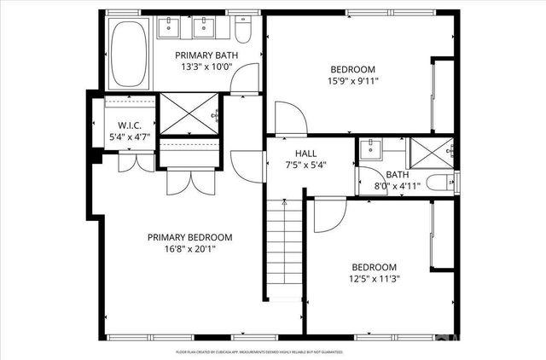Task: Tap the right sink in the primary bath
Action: [x=206, y=30]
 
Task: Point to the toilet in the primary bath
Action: [x=242, y=32]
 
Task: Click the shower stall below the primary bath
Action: [x=189, y=113]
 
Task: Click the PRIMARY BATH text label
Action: [x=201, y=55]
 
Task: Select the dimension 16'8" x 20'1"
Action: [x=189, y=250]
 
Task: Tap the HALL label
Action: [x=305, y=154]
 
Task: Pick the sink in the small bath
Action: [x=372, y=150]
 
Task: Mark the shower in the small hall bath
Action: [x=430, y=150]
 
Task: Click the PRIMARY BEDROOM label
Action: [x=189, y=237]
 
